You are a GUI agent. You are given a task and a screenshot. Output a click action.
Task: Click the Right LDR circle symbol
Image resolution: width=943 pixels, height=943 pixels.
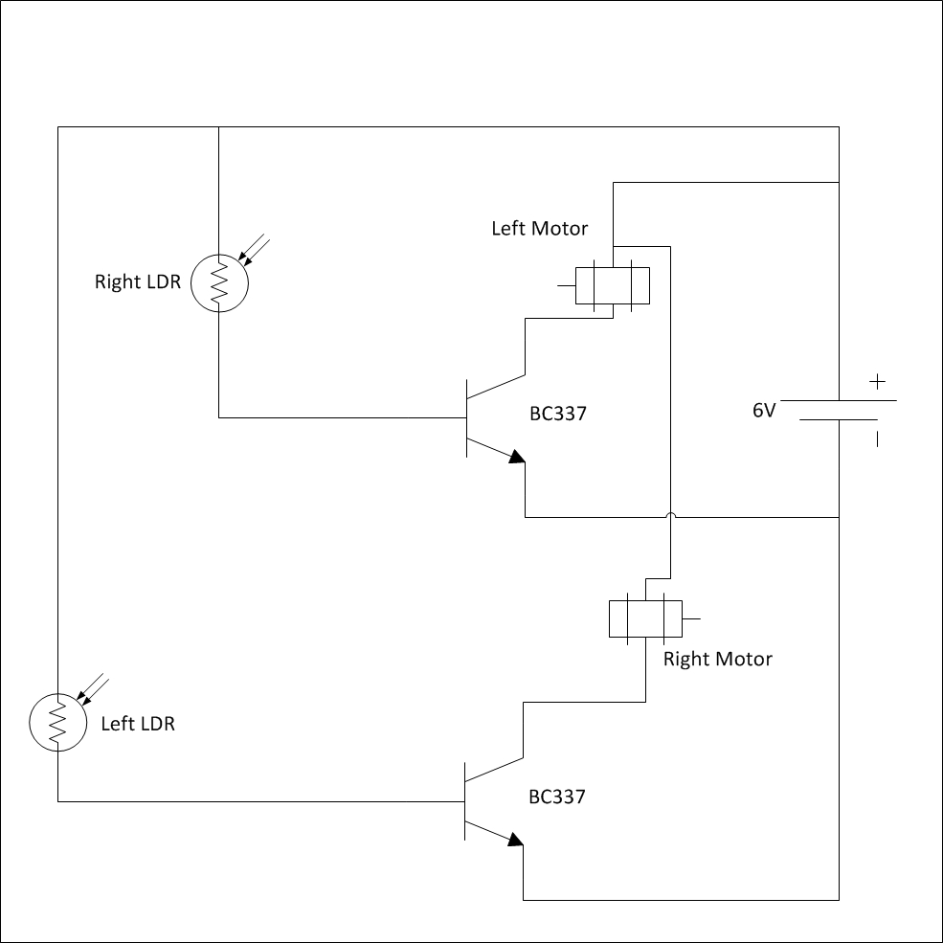point(218,282)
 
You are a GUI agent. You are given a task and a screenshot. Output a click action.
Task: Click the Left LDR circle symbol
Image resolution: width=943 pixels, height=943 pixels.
point(57,723)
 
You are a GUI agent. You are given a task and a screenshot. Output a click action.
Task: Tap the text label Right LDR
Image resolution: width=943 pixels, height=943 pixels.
point(137,282)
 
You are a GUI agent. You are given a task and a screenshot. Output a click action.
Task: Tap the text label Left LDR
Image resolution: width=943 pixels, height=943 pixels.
point(138,724)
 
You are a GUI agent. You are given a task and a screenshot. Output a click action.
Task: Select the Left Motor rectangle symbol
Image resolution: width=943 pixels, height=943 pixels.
point(613,284)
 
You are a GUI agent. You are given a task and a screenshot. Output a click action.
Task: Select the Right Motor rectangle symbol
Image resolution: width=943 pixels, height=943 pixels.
point(645,618)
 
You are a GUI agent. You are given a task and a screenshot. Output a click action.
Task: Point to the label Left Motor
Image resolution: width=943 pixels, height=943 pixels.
point(539,229)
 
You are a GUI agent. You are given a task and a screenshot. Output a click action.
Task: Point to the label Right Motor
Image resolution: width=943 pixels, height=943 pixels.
point(717,659)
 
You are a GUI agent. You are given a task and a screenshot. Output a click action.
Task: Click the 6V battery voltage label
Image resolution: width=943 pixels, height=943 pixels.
point(763,411)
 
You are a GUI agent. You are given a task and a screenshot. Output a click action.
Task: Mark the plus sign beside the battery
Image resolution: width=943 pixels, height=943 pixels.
point(877,382)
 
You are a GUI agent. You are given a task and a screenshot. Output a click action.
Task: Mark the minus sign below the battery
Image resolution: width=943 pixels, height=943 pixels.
point(876,440)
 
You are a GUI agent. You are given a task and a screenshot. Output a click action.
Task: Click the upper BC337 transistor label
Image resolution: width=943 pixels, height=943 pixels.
point(557,415)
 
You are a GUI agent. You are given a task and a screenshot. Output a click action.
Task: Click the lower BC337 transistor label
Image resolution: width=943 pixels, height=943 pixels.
point(557,797)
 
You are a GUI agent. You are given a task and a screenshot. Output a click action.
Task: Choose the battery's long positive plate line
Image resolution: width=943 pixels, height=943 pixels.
point(839,401)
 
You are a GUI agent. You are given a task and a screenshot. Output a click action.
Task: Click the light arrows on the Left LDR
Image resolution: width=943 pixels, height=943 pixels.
point(94,688)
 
